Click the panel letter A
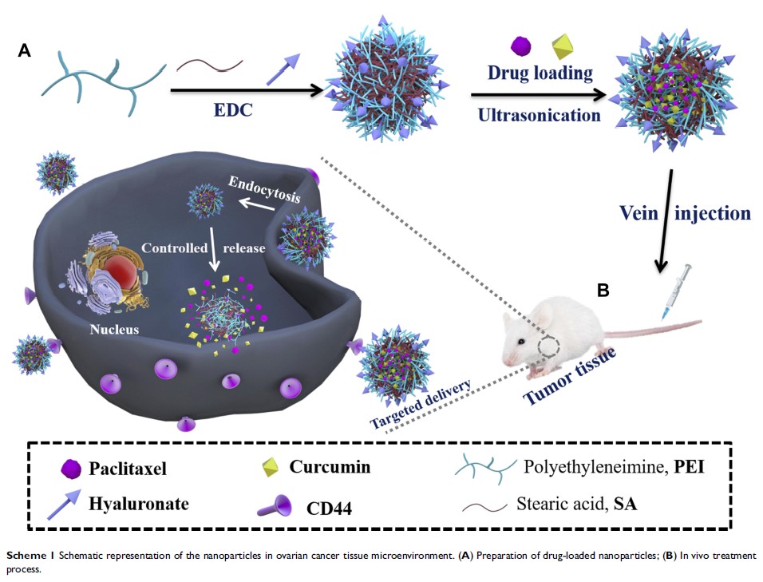(x=25, y=52)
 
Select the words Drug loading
(x=540, y=73)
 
